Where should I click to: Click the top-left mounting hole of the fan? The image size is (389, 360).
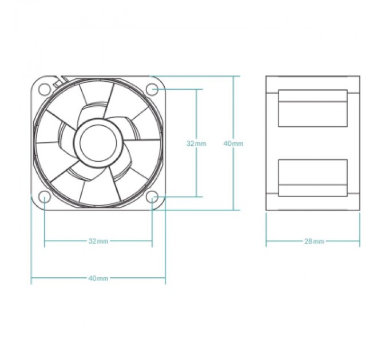click(45, 89)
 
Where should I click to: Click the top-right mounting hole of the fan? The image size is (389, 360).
click(152, 89)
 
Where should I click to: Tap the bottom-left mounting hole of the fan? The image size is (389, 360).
click(45, 197)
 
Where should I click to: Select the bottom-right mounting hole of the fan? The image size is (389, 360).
click(152, 197)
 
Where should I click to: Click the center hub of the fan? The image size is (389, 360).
click(98, 143)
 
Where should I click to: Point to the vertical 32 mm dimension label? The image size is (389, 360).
click(196, 143)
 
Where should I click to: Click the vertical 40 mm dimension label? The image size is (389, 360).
click(233, 143)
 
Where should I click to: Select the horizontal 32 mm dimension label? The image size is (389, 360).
click(98, 241)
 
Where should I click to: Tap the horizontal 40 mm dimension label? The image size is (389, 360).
click(98, 278)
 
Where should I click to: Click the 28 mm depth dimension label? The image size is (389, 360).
click(314, 241)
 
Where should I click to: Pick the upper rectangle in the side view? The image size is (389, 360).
click(313, 108)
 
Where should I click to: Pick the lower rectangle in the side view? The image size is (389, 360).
click(313, 178)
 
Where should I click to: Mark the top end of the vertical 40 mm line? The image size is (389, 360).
click(233, 76)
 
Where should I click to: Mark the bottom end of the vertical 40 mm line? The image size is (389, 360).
click(233, 210)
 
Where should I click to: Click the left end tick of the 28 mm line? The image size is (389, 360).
click(266, 241)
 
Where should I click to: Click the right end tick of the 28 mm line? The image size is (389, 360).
click(360, 241)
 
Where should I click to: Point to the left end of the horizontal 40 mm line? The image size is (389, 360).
click(31, 278)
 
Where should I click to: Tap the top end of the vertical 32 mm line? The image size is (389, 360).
click(196, 89)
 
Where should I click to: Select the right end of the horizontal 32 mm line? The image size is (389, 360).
click(152, 241)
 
